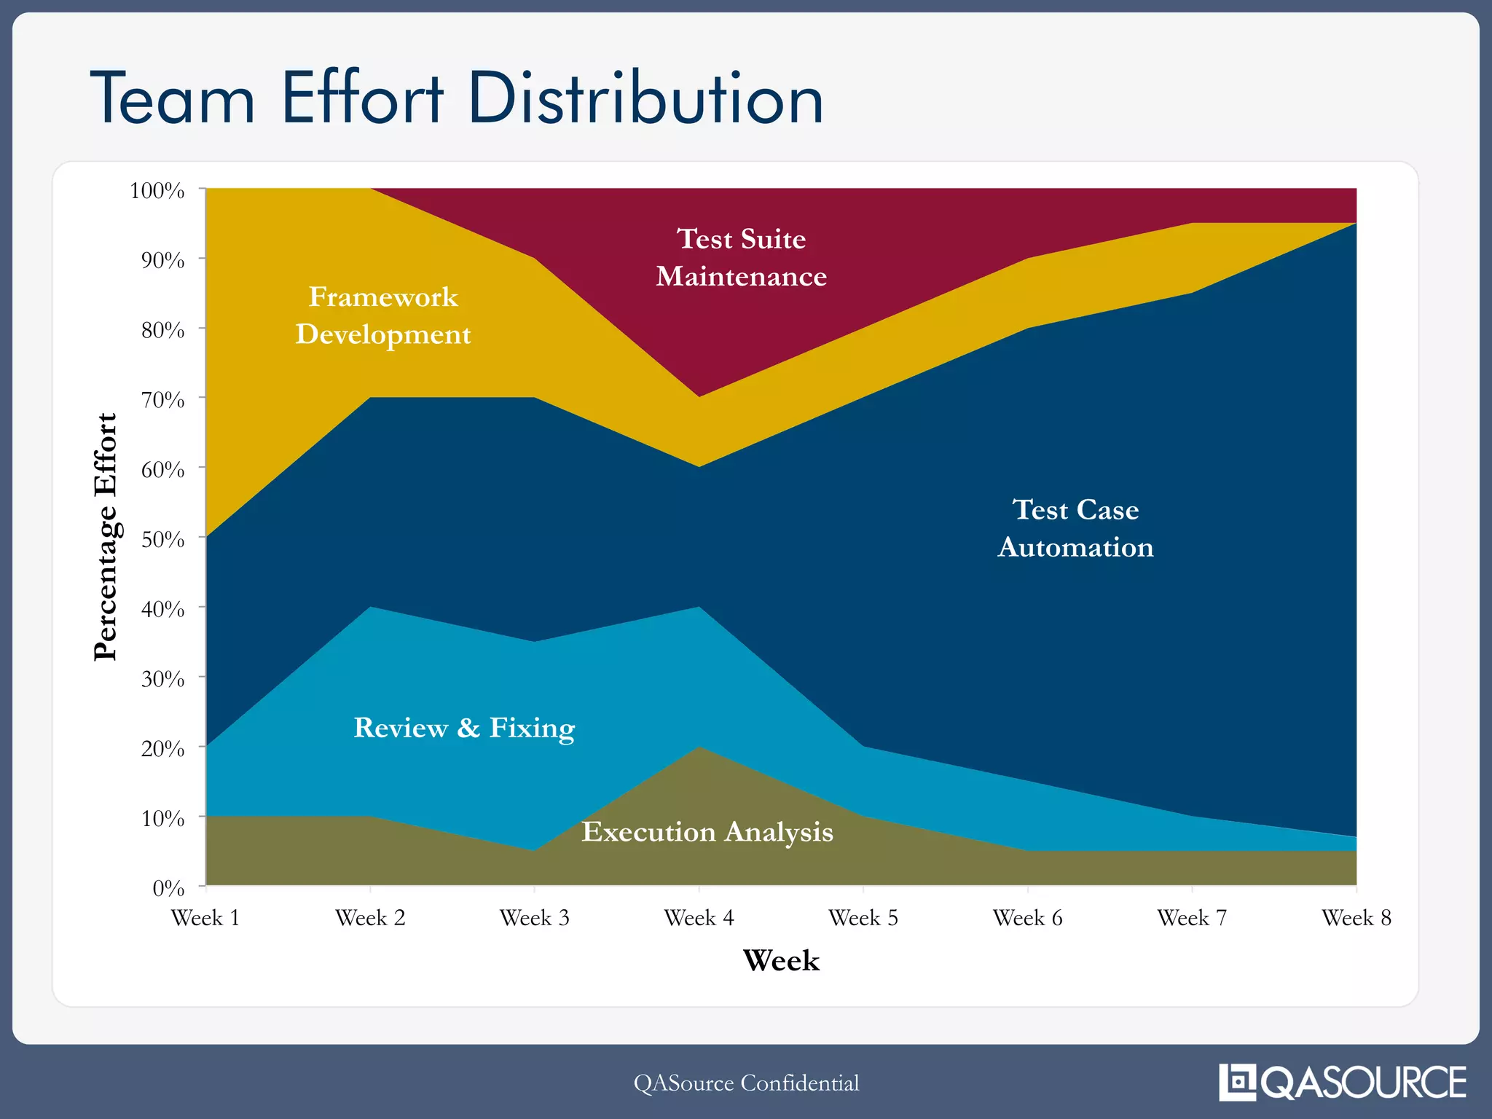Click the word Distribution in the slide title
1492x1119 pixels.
[x=645, y=98]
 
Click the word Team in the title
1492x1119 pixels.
[x=173, y=98]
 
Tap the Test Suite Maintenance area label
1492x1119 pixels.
[x=741, y=257]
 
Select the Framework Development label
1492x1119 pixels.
[x=383, y=315]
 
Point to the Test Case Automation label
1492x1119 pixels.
[x=1075, y=528]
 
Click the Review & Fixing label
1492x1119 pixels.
[x=464, y=728]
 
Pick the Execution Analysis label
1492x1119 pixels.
[x=707, y=831]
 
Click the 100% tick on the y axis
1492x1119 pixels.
[x=157, y=191]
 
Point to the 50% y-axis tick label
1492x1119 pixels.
[x=162, y=540]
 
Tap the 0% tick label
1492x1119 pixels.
[x=168, y=888]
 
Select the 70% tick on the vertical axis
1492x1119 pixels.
[x=162, y=400]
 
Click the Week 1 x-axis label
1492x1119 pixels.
[x=205, y=918]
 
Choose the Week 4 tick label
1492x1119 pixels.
[x=699, y=918]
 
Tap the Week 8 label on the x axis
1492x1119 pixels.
[x=1356, y=918]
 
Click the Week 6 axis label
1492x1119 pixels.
[x=1027, y=918]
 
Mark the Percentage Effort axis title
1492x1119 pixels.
[x=106, y=537]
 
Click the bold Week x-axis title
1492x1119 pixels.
[x=781, y=961]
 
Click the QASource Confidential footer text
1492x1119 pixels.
[x=746, y=1083]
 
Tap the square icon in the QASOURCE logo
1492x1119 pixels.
[x=1237, y=1083]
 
